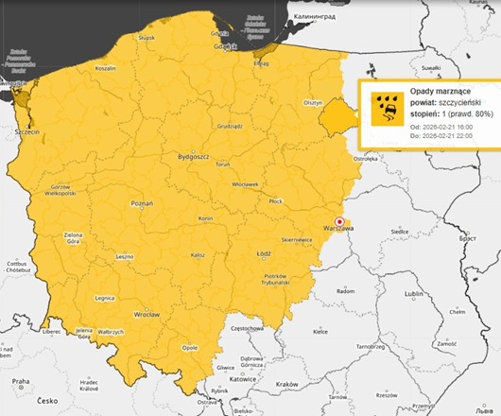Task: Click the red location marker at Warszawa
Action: coord(339,220)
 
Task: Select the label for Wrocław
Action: coord(147,313)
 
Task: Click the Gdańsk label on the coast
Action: coord(224,45)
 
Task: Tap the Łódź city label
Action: coord(265,253)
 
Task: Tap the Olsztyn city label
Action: coord(313,101)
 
